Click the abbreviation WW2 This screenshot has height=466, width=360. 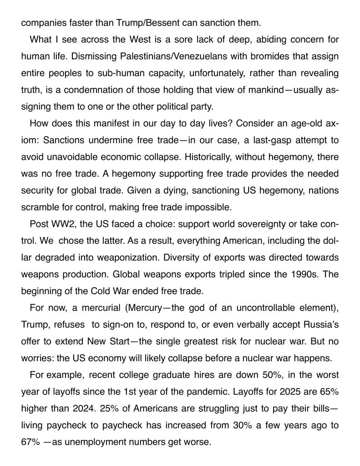(60, 224)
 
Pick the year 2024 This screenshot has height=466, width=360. (78, 408)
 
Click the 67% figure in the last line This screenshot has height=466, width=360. (30, 442)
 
